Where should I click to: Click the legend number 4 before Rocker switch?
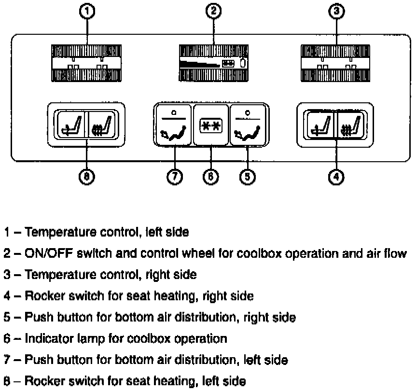click(7, 296)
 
